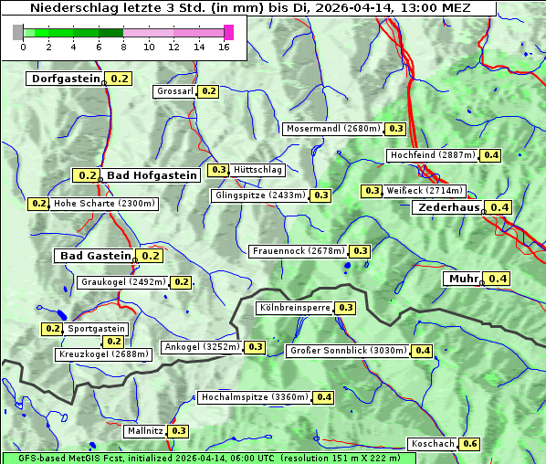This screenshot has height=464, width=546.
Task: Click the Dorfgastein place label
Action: (65, 79)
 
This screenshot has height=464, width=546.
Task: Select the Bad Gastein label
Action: (96, 256)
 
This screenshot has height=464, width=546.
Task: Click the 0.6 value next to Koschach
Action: (470, 444)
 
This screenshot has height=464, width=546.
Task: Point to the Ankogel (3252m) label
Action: (201, 347)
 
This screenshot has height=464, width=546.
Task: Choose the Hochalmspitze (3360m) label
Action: (255, 397)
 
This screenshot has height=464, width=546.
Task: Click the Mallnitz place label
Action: (144, 430)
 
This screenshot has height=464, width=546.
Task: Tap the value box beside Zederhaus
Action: (499, 207)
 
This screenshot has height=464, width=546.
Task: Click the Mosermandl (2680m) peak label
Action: (332, 129)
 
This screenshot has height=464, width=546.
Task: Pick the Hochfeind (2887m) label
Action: (433, 155)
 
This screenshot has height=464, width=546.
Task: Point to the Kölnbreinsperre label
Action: (294, 308)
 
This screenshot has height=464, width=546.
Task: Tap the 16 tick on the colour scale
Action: (225, 47)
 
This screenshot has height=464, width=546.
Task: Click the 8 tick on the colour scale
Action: (123, 47)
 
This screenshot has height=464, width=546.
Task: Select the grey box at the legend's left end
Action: (17, 32)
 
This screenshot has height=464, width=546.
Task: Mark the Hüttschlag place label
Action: (257, 170)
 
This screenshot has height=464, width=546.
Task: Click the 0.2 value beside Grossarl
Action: (209, 91)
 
